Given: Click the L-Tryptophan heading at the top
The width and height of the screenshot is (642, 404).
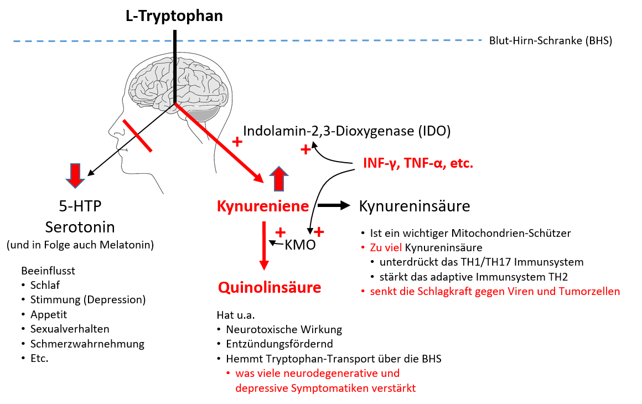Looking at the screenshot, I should pyautogui.click(x=174, y=15).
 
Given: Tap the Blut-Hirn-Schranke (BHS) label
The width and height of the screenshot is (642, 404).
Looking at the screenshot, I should pyautogui.click(x=550, y=40).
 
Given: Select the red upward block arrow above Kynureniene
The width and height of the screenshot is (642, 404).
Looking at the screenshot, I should pyautogui.click(x=279, y=179).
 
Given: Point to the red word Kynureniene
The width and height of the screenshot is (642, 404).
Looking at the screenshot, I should pyautogui.click(x=262, y=207).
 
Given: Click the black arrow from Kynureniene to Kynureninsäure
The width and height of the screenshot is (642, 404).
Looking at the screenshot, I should pyautogui.click(x=334, y=206).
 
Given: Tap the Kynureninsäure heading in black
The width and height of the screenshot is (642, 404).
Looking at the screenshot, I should pyautogui.click(x=415, y=206).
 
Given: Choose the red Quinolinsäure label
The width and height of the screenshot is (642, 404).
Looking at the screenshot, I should pyautogui.click(x=270, y=287).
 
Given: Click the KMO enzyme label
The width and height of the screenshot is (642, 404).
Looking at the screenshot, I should pyautogui.click(x=299, y=245).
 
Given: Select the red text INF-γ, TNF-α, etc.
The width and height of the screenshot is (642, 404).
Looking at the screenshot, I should pyautogui.click(x=418, y=164).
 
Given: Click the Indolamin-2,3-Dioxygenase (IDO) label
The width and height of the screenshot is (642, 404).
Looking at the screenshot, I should pyautogui.click(x=347, y=131).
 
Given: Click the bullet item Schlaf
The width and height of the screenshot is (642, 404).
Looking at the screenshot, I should pyautogui.click(x=45, y=286).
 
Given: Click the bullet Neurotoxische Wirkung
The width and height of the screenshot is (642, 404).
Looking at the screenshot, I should pyautogui.click(x=284, y=330).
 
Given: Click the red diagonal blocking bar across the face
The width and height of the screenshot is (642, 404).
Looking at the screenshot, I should pyautogui.click(x=137, y=134).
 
